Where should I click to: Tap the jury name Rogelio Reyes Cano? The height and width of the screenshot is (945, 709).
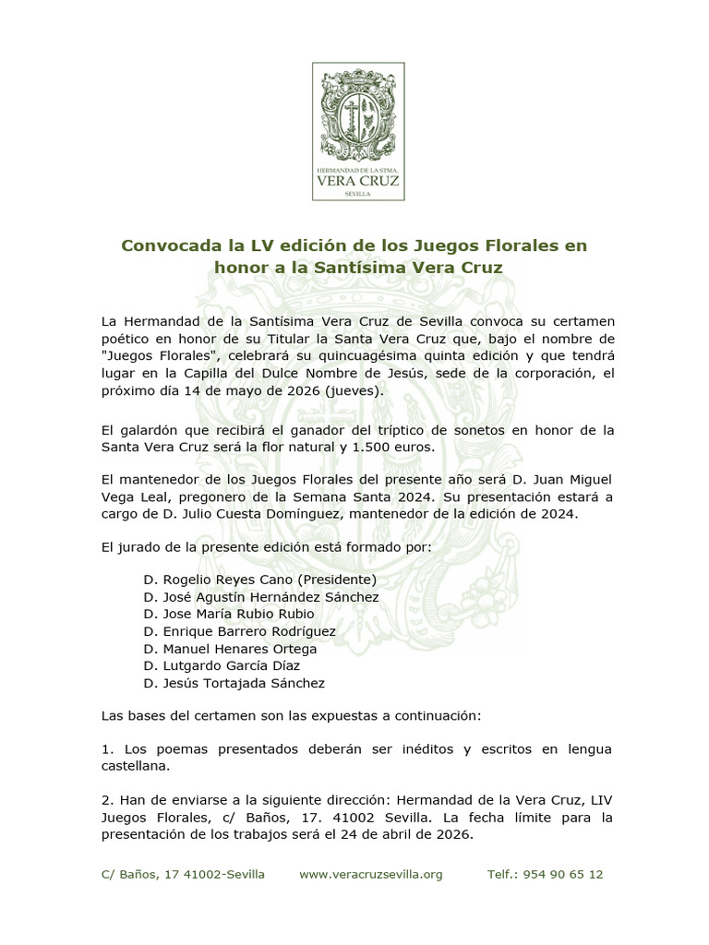223,580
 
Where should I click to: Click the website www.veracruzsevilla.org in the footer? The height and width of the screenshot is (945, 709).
371,874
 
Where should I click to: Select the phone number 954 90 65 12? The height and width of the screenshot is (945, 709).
562,874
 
